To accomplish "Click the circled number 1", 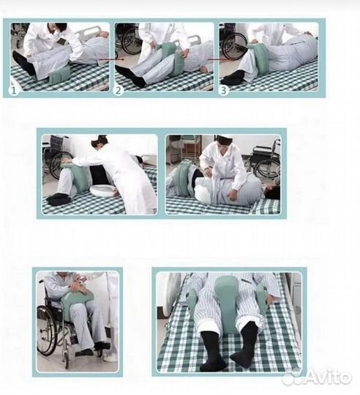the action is [x=14, y=91].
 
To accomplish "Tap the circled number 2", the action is [x=118, y=91].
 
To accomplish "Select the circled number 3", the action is [x=223, y=91].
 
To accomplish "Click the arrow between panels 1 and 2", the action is [x=111, y=59].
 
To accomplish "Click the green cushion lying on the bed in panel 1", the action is [x=61, y=75].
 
